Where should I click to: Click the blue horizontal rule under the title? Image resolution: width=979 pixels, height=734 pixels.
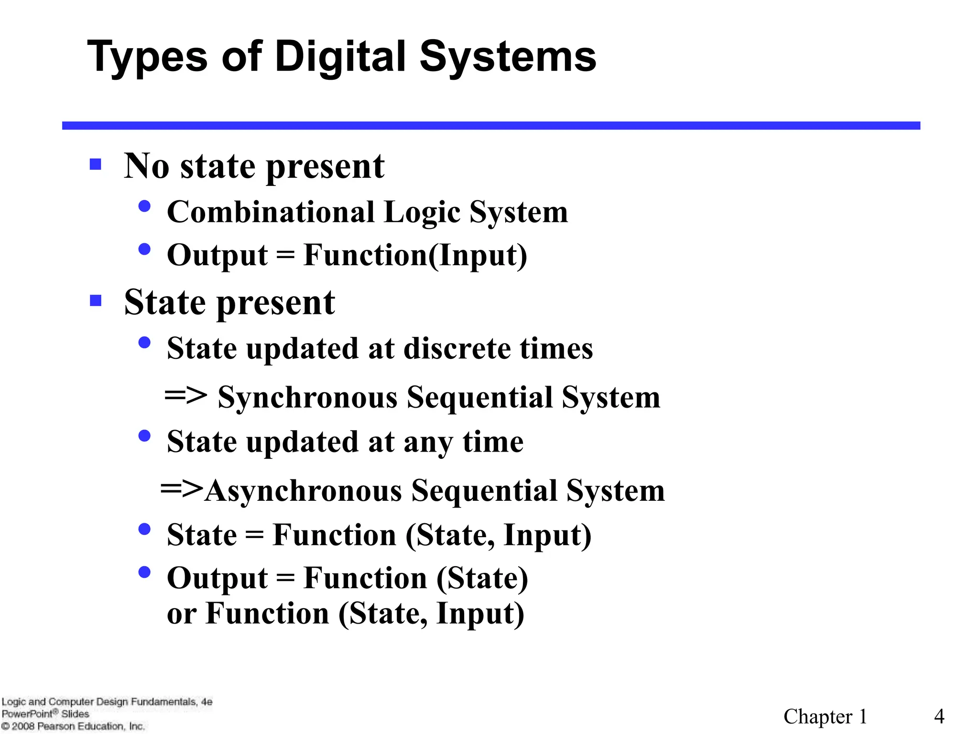(x=491, y=126)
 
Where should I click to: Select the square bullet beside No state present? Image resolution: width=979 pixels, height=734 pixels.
(x=96, y=164)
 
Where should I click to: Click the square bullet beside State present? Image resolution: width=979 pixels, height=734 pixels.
(x=96, y=301)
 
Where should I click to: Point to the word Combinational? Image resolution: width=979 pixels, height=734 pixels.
(x=271, y=212)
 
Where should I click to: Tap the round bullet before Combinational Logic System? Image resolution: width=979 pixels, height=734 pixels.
(x=144, y=206)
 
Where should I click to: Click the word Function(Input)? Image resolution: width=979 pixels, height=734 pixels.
(x=415, y=255)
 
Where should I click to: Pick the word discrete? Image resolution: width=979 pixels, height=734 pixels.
(x=457, y=348)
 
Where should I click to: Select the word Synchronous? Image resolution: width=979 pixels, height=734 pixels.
(x=307, y=398)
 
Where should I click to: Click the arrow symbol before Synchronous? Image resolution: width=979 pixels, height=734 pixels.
(x=185, y=396)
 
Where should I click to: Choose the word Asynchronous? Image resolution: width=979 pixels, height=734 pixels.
(x=304, y=491)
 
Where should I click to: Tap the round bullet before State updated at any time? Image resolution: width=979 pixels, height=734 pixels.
(x=144, y=436)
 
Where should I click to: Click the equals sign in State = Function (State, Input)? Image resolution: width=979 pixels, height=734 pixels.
(x=254, y=535)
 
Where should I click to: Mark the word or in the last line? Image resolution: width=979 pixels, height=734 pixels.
(x=181, y=614)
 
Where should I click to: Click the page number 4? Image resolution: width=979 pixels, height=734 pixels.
(x=939, y=716)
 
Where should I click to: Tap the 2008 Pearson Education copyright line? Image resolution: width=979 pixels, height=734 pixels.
(x=73, y=726)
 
